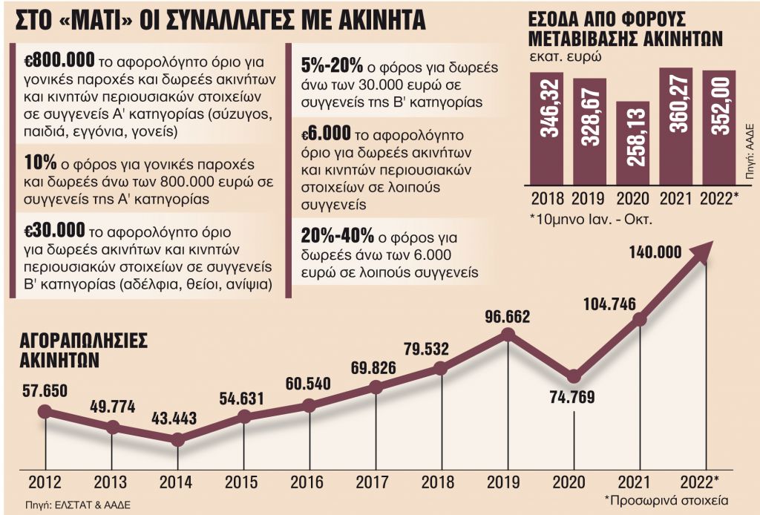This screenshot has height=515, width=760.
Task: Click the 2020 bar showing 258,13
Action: tap(632, 141)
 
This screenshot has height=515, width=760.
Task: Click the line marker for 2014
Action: tap(177, 440)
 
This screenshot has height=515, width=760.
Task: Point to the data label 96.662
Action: tap(508, 317)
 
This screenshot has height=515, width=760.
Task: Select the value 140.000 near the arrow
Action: tap(654, 252)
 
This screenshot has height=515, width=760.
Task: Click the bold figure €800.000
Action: tap(50, 62)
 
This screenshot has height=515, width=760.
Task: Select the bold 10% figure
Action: tap(37, 163)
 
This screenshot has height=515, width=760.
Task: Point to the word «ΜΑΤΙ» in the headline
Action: tap(103, 19)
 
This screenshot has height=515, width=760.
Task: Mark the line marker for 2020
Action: tap(572, 376)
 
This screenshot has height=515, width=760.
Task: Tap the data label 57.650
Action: tap(45, 390)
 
